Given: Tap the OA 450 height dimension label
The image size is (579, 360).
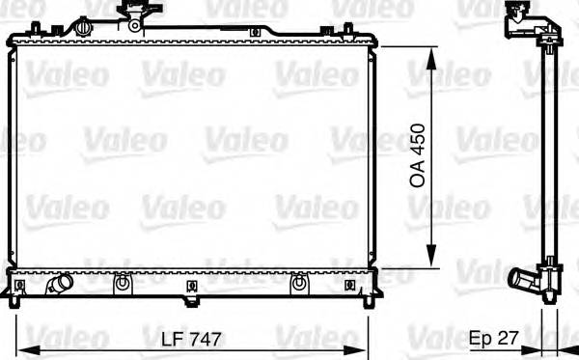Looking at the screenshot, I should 419,153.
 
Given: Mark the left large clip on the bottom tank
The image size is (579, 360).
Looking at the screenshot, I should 122,285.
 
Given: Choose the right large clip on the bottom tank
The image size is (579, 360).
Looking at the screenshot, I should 299,285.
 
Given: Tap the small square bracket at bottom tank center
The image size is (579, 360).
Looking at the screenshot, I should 194,285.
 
